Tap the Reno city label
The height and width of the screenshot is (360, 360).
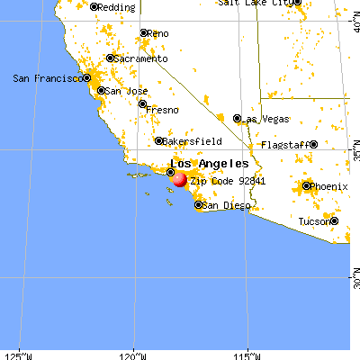[159, 33]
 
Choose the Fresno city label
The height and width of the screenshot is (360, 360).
[163, 110]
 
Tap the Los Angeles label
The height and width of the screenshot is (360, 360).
[210, 164]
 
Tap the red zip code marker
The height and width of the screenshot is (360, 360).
[178, 180]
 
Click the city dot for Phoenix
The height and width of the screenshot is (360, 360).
[306, 187]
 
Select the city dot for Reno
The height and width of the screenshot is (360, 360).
[143, 33]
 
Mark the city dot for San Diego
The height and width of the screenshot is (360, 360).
[198, 206]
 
